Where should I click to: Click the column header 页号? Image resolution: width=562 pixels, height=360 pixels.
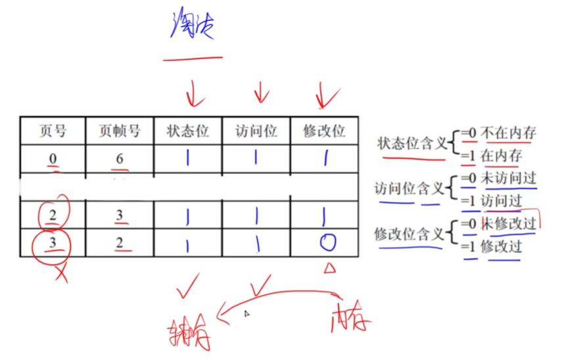click(53, 131)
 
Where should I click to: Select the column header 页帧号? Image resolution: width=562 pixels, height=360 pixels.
click(120, 131)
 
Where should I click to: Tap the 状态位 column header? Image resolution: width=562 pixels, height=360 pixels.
click(187, 131)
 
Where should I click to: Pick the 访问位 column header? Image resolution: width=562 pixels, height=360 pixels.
click(256, 131)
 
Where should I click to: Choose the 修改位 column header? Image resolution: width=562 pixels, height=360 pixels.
click(323, 131)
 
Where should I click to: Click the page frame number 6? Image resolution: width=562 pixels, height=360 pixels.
click(120, 159)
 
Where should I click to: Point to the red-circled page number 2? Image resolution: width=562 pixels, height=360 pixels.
click(53, 215)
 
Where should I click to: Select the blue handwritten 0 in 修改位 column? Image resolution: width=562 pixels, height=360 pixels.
click(327, 244)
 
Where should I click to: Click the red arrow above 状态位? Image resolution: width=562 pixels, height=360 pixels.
click(193, 93)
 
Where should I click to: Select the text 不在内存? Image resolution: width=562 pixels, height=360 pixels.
click(507, 133)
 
